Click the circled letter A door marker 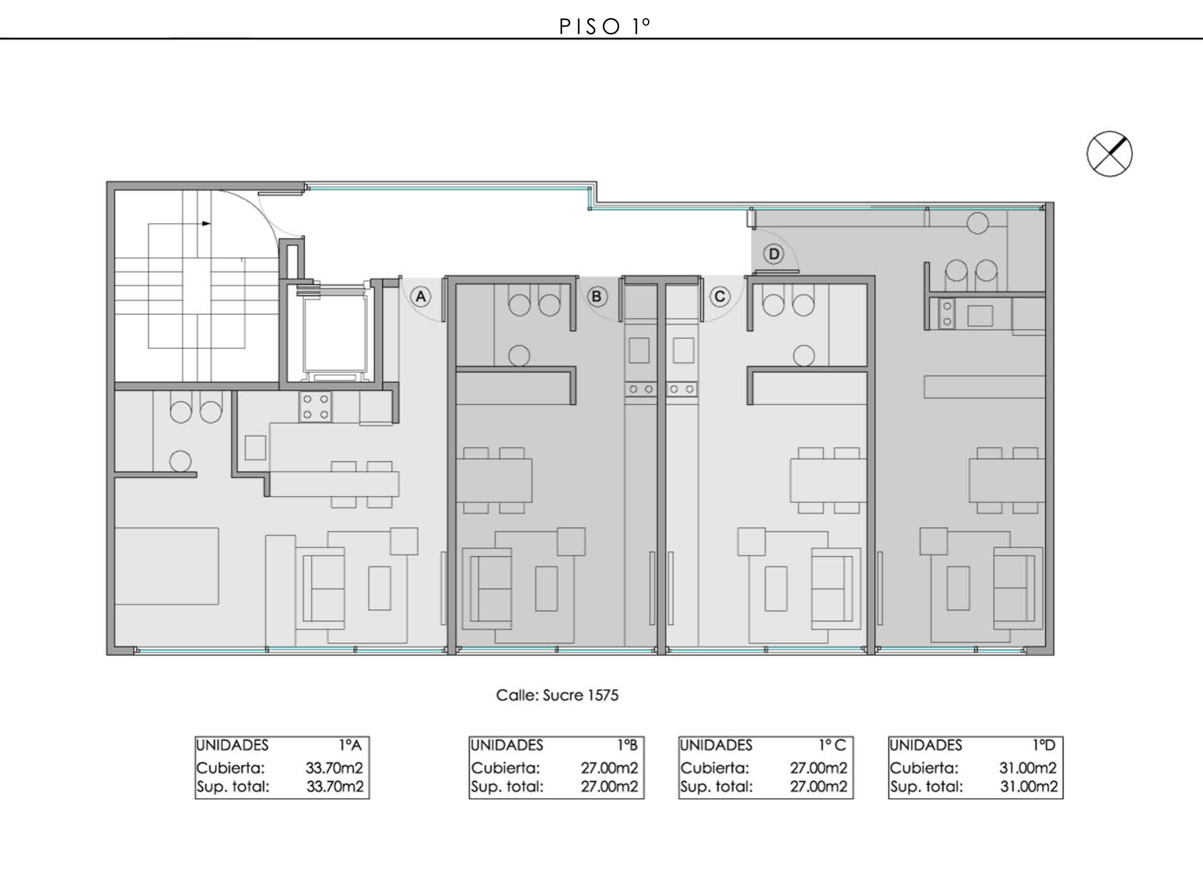(x=421, y=297)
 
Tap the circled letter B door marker (x=597, y=297)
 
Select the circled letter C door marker (x=720, y=297)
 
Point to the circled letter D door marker (x=774, y=255)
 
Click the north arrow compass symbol (x=1109, y=154)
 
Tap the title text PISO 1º (x=604, y=26)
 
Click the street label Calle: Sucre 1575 (x=557, y=695)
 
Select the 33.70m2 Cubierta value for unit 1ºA (x=334, y=768)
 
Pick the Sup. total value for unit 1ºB (x=609, y=787)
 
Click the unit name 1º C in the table (x=832, y=745)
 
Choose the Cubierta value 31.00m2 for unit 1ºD (x=1028, y=768)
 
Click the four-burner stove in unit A (x=315, y=407)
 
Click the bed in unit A (x=167, y=566)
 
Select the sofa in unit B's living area (x=487, y=589)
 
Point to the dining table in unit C (x=828, y=480)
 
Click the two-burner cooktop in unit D (x=946, y=314)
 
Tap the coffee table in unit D (x=958, y=588)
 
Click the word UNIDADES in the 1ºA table (x=233, y=745)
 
